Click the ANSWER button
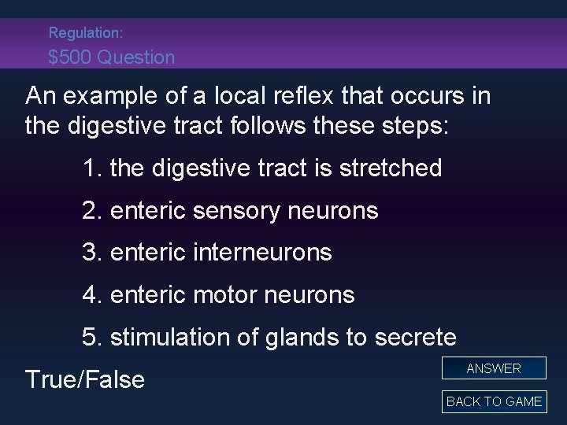tap(494, 368)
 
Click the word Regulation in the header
tap(81, 33)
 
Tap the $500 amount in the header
tap(69, 57)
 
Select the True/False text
tap(85, 380)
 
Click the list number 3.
tap(89, 253)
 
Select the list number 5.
tap(89, 338)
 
